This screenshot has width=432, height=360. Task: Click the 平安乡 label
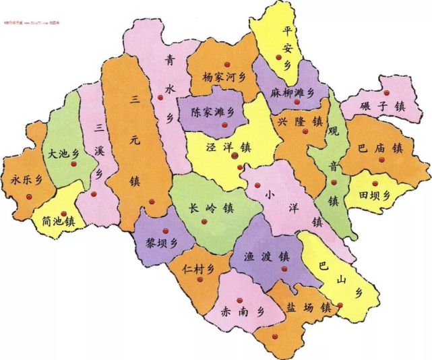click(x=288, y=48)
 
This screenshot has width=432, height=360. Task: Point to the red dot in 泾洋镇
click(x=235, y=156)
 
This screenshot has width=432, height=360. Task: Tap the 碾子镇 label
click(x=382, y=106)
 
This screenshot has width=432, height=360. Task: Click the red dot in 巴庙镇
click(x=381, y=160)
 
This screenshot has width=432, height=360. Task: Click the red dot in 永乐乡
click(x=28, y=196)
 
